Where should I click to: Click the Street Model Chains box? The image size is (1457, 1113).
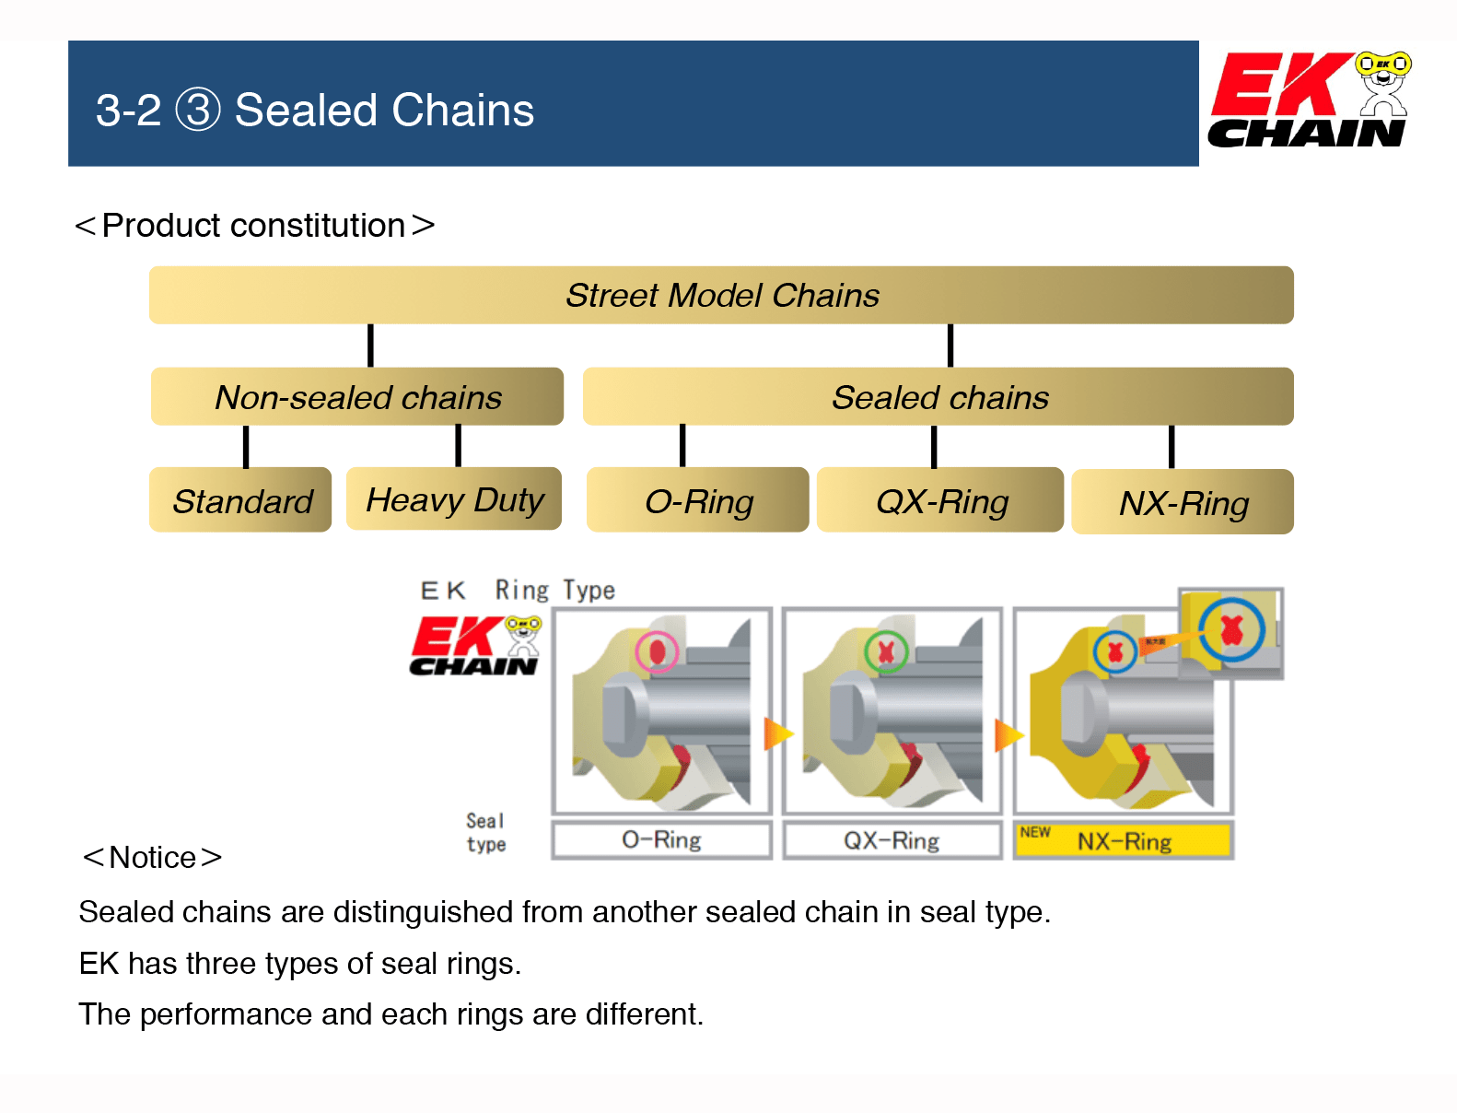[721, 296]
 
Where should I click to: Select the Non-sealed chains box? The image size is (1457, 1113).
[357, 397]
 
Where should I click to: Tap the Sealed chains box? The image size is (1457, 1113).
[938, 397]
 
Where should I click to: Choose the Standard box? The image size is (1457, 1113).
[240, 500]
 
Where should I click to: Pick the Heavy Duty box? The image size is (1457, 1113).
[454, 499]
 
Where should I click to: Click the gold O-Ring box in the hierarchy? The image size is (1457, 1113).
[698, 500]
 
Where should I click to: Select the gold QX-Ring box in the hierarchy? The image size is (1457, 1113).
[940, 500]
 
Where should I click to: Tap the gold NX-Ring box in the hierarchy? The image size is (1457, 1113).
[1183, 502]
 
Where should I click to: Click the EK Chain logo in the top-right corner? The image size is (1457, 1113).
[1309, 100]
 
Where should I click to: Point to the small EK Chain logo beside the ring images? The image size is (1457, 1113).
[475, 645]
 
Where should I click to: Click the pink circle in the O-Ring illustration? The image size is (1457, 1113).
[657, 651]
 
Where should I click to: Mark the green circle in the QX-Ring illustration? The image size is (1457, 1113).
[886, 651]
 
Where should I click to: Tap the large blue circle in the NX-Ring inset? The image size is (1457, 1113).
[1231, 630]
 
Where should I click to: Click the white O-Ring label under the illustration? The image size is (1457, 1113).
[661, 840]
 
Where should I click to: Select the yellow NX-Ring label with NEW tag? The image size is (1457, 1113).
[1123, 841]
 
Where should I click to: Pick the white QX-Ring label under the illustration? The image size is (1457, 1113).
[892, 840]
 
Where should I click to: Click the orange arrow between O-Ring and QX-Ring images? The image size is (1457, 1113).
[777, 733]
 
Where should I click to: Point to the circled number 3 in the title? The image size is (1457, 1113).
[198, 110]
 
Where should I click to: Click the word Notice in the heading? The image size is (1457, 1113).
[152, 858]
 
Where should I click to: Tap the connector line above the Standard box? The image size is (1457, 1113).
[246, 447]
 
